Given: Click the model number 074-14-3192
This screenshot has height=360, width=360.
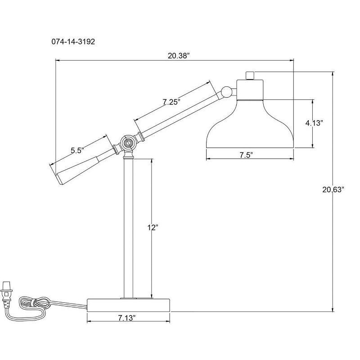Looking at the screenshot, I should click(72, 41).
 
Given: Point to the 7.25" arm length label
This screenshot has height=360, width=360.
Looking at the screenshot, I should click(171, 102).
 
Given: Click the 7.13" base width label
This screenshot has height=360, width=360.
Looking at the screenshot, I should click(127, 318).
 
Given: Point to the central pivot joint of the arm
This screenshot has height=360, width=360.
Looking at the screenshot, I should click(127, 144).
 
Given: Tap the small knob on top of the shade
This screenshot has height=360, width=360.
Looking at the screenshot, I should click(250, 75).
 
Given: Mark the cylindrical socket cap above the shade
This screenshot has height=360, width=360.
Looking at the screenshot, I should click(250, 89).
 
